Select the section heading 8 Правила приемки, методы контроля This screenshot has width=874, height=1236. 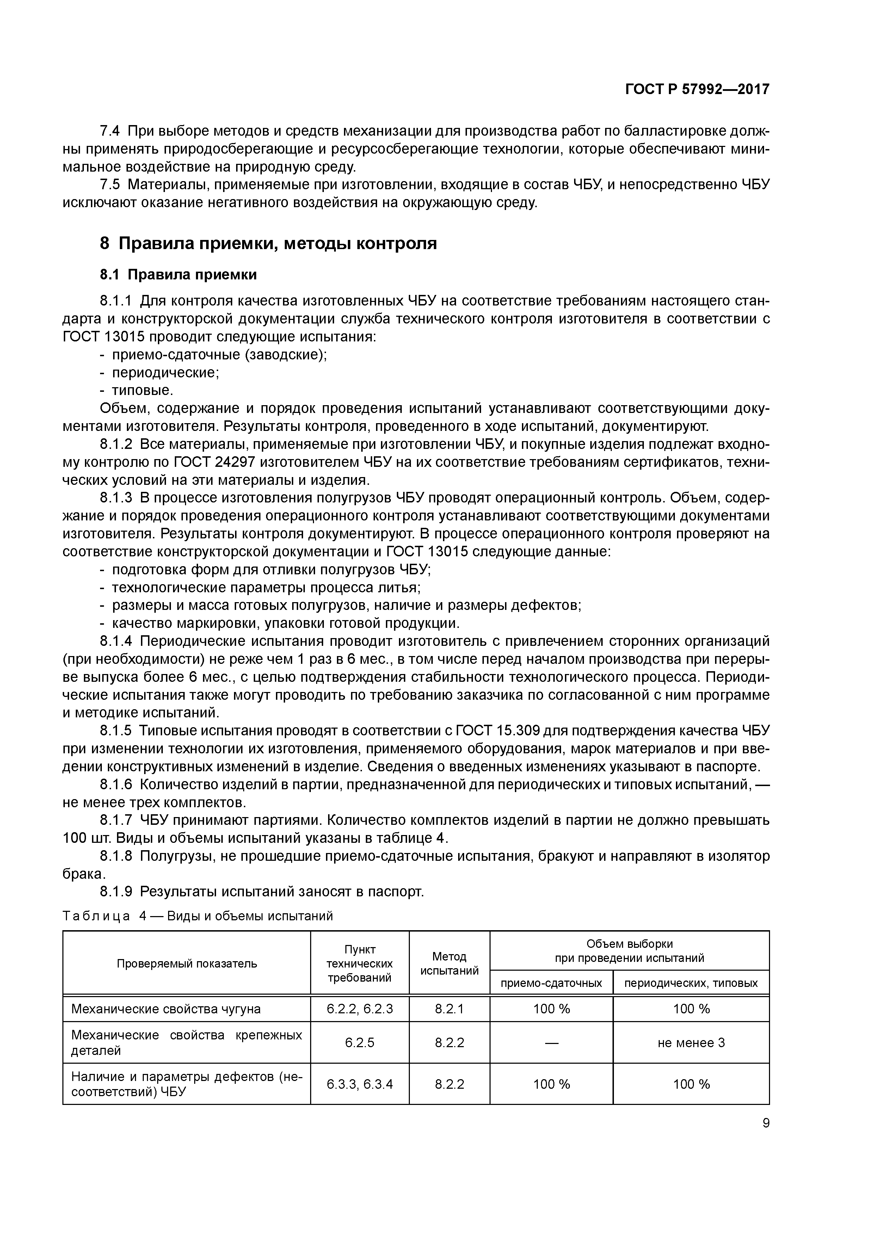click(x=268, y=243)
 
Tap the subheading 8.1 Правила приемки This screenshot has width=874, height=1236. click(x=178, y=274)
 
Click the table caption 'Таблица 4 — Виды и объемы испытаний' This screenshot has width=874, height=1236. click(x=198, y=916)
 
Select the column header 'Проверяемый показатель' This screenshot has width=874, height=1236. click(x=187, y=964)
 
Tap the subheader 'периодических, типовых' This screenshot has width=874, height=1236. click(x=691, y=983)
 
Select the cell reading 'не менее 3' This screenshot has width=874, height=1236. click(x=691, y=1043)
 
